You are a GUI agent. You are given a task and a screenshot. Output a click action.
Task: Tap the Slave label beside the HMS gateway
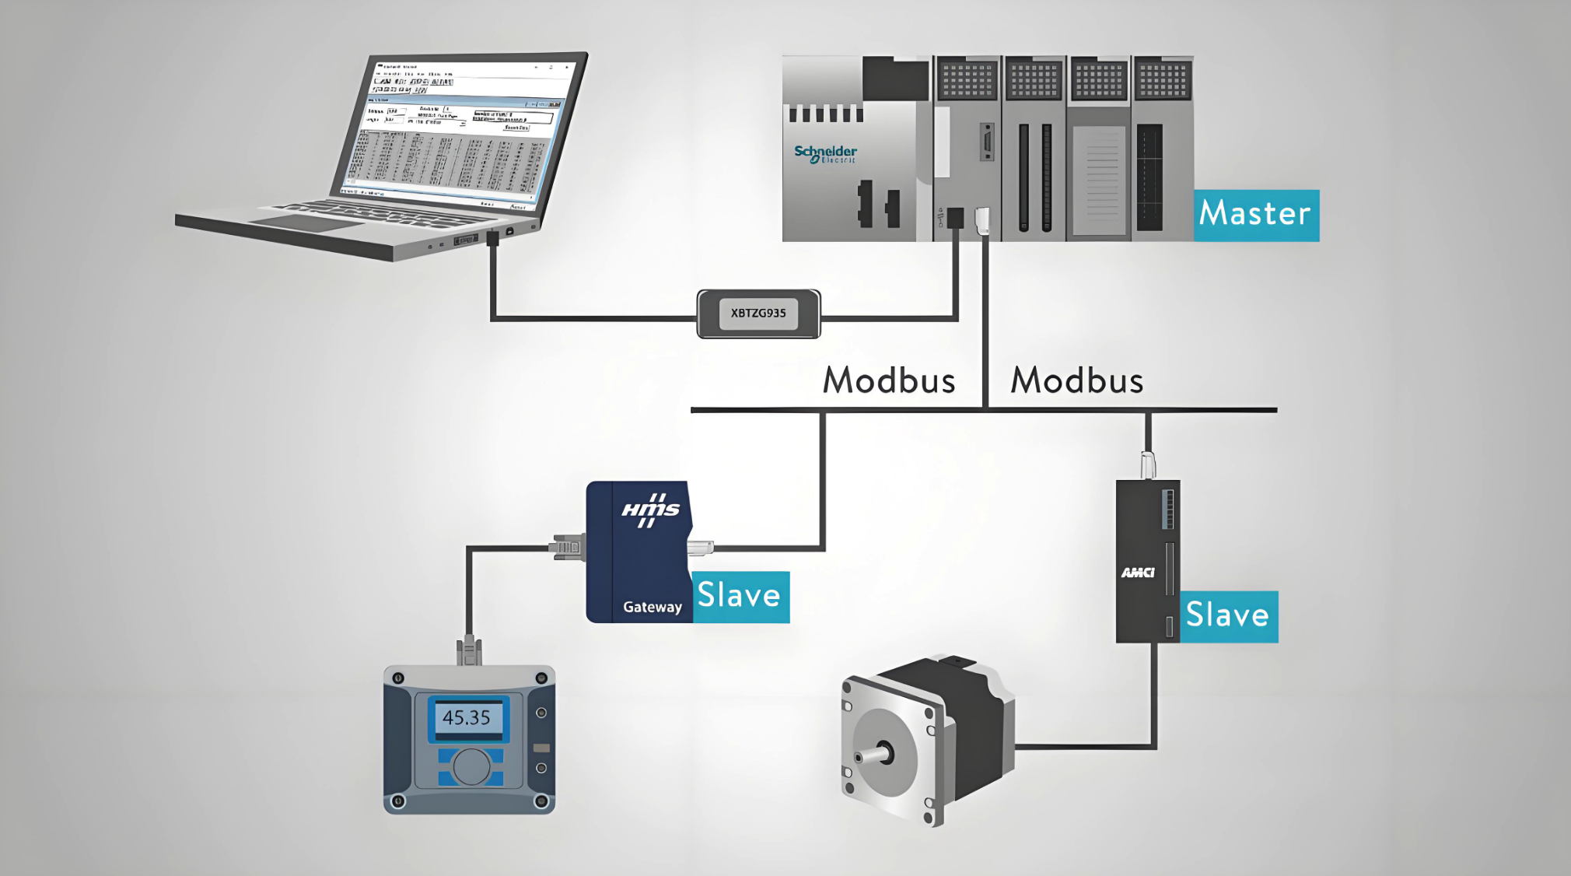(740, 597)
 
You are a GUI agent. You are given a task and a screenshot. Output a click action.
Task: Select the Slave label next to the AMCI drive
(1228, 616)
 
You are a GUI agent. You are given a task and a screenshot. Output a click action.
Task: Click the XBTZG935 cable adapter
(758, 314)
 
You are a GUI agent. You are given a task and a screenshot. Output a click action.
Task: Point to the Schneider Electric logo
(825, 153)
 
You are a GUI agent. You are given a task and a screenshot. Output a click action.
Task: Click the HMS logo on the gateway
(650, 510)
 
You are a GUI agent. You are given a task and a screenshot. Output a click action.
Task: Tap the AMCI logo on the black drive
(1138, 573)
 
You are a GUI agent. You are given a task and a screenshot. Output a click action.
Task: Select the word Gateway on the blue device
(652, 607)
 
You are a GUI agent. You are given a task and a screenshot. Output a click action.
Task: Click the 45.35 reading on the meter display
(467, 717)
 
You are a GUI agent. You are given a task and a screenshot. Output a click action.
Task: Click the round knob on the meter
(471, 767)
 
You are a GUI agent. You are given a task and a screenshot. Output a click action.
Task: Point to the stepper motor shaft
(872, 755)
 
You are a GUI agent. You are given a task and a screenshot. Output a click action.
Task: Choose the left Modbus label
(889, 380)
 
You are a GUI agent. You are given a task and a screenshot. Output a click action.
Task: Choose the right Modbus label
(1076, 380)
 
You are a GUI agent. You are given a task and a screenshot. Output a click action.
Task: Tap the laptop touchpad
(306, 223)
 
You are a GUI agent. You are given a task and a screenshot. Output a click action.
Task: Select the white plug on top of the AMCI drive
(1148, 464)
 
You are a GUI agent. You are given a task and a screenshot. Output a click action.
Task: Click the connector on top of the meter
(469, 650)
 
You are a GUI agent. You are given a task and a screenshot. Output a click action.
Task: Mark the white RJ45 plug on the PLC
(983, 220)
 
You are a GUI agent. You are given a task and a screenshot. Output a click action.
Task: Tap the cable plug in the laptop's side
(492, 238)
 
